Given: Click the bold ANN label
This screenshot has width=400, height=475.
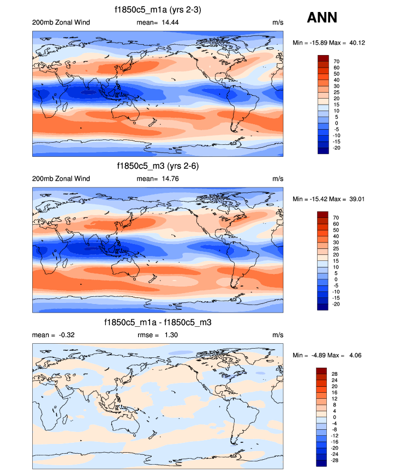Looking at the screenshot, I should pyautogui.click(x=322, y=17).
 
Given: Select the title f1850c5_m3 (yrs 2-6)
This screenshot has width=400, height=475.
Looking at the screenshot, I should pyautogui.click(x=157, y=166).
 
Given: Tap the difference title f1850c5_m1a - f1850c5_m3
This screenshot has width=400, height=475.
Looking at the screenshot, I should pyautogui.click(x=158, y=322).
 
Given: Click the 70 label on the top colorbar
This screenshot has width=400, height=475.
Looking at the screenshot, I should pyautogui.click(x=337, y=62).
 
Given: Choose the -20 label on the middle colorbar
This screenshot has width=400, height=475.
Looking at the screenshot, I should pyautogui.click(x=337, y=304).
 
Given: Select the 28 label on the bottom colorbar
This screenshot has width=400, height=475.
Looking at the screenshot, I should pyautogui.click(x=335, y=374).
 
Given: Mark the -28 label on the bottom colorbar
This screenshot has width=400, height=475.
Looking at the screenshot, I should pyautogui.click(x=336, y=460).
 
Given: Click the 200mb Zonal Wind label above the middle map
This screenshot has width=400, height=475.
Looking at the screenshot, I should pyautogui.click(x=61, y=179).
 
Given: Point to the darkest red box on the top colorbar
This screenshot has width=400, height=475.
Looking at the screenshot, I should pyautogui.click(x=323, y=58).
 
